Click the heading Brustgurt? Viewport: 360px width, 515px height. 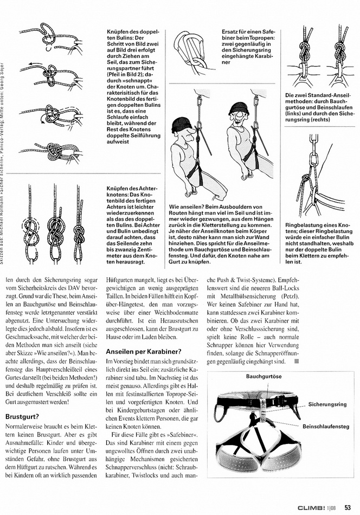(22, 417)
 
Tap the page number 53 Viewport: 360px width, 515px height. (349, 507)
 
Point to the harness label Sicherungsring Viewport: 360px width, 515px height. (327, 404)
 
